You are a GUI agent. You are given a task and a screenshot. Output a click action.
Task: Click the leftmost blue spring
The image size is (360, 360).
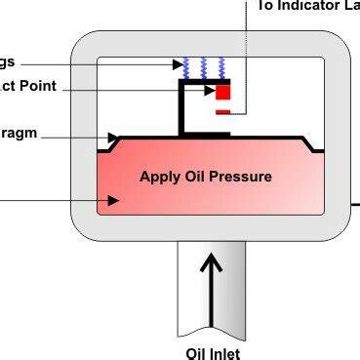click(x=187, y=67)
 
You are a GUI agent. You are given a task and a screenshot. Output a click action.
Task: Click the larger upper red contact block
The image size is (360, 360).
click(x=222, y=93)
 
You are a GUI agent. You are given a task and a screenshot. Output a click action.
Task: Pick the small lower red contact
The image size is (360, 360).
click(x=222, y=112)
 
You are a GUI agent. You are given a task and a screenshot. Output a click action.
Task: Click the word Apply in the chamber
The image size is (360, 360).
click(x=160, y=177)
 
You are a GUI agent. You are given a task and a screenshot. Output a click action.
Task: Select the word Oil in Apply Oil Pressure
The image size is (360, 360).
click(x=195, y=177)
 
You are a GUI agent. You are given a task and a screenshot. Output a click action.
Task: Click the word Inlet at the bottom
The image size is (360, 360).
click(x=224, y=353)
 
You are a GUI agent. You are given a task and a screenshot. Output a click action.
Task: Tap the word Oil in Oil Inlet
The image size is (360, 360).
click(x=196, y=353)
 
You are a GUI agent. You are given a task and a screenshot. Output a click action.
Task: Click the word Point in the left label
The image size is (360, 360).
click(x=47, y=87)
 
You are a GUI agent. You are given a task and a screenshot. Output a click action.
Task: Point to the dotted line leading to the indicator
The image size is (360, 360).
click(x=247, y=59)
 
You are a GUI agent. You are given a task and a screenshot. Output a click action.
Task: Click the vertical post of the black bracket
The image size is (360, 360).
click(x=180, y=109)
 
